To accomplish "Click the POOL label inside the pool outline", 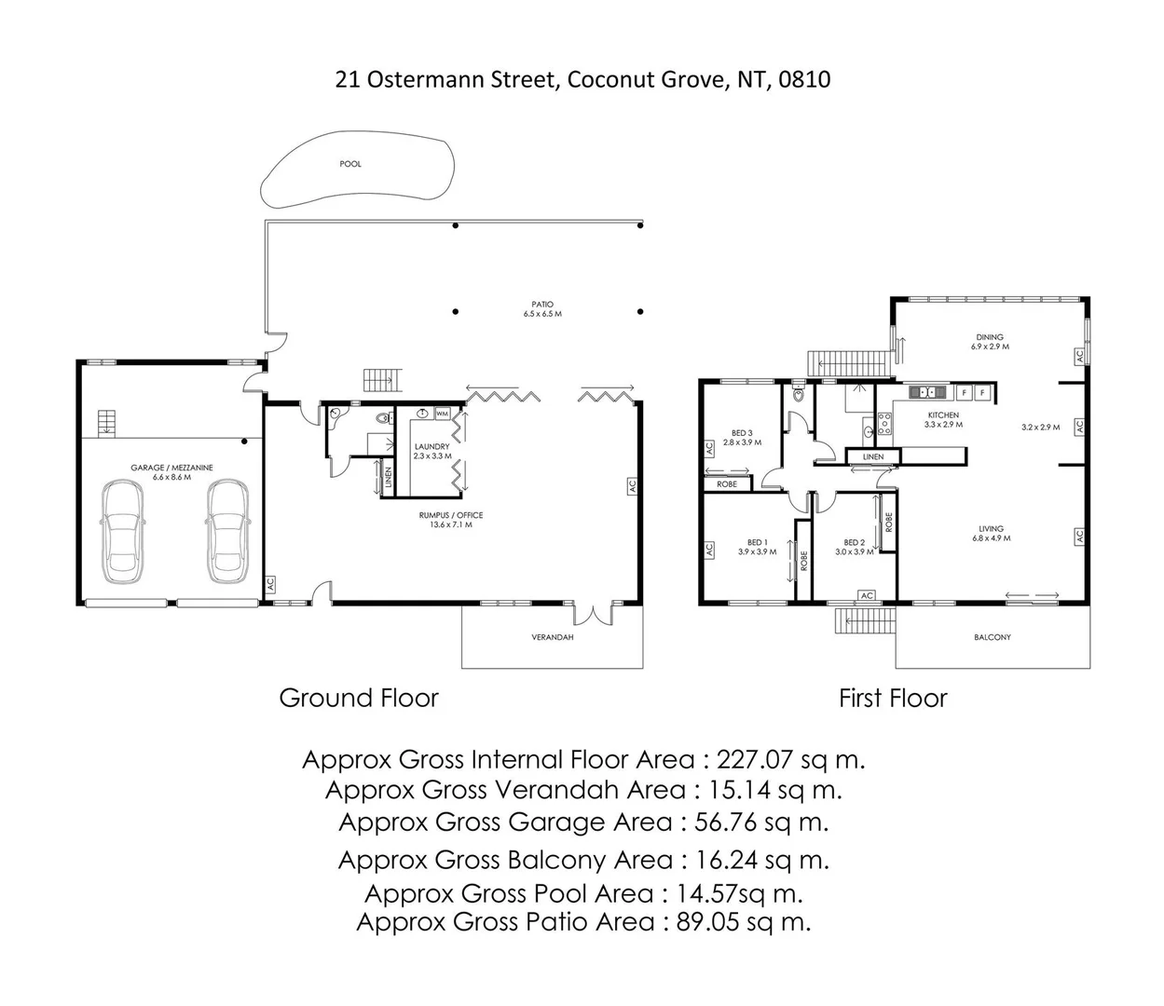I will coord(350,164).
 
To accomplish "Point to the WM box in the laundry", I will coord(442,413).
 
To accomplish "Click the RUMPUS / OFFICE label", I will coord(451,515).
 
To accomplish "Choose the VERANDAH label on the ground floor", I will coord(552,637).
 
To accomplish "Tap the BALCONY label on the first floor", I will coord(992,637).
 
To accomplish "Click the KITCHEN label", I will coord(942,415).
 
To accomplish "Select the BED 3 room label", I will coord(742,433).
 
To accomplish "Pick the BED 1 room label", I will coord(757,542).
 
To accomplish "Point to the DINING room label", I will coord(989,338).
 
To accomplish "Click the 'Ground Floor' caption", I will coord(359,698).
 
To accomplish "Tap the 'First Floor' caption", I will coord(893,698).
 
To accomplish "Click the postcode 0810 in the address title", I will coord(806,79).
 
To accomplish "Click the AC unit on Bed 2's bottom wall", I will coord(867,595).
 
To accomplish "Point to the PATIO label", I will coord(542,305).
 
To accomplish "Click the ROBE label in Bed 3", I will coord(727,484).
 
